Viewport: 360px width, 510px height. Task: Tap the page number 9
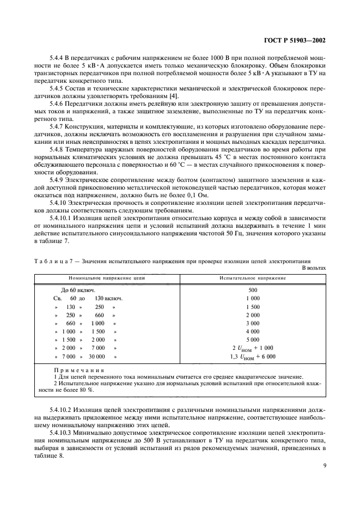coord(324,465)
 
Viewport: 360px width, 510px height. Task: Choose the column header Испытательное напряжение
coord(252,278)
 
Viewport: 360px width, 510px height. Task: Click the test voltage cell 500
coord(252,290)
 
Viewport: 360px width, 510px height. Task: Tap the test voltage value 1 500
coord(252,307)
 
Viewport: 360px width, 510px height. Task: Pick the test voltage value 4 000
coord(252,331)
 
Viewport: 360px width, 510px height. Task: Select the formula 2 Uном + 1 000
coord(252,348)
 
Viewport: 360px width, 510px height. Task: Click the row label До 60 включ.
coord(78,290)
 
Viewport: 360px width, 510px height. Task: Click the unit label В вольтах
coord(314,268)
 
